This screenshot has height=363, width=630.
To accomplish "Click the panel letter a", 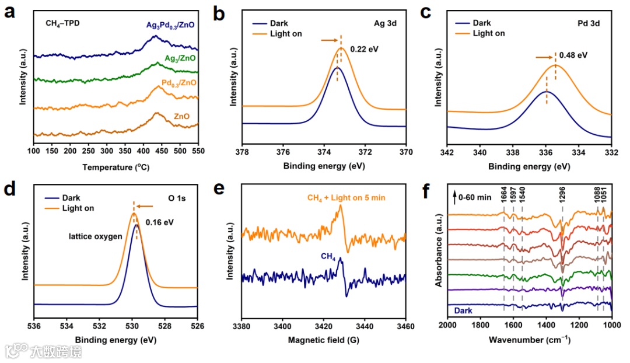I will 9,12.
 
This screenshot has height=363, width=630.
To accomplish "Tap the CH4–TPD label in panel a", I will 63,24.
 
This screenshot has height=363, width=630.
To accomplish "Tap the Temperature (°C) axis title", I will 116,167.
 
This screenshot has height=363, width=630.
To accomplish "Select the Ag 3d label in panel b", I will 386,24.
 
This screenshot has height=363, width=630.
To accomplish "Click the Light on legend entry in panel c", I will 488,33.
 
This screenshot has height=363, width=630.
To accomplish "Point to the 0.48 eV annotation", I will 573,56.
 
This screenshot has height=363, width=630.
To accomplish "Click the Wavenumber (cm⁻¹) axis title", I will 529,340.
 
